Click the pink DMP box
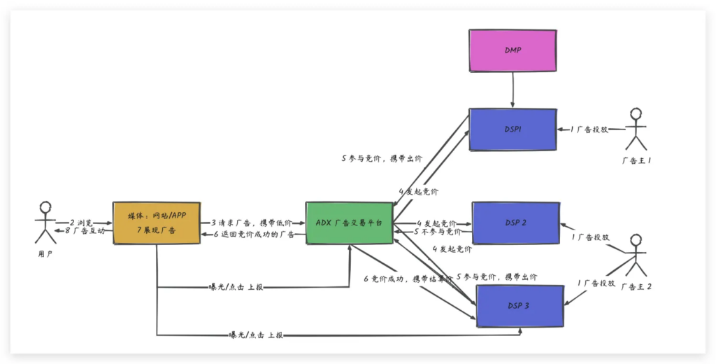click(513, 50)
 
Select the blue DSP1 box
click(513, 129)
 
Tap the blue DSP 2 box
click(515, 223)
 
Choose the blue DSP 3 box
click(520, 306)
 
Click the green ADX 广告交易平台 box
click(349, 223)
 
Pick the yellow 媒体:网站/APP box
click(156, 223)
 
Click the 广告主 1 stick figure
click(636, 129)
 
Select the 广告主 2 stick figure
click(636, 255)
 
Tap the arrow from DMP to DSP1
click(513, 90)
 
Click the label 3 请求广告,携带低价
click(252, 222)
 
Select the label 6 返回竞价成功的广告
click(257, 234)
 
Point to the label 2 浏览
click(81, 222)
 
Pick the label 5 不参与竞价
click(437, 231)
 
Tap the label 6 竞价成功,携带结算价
click(408, 279)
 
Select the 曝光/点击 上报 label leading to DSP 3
click(256, 335)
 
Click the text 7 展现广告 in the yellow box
click(156, 230)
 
